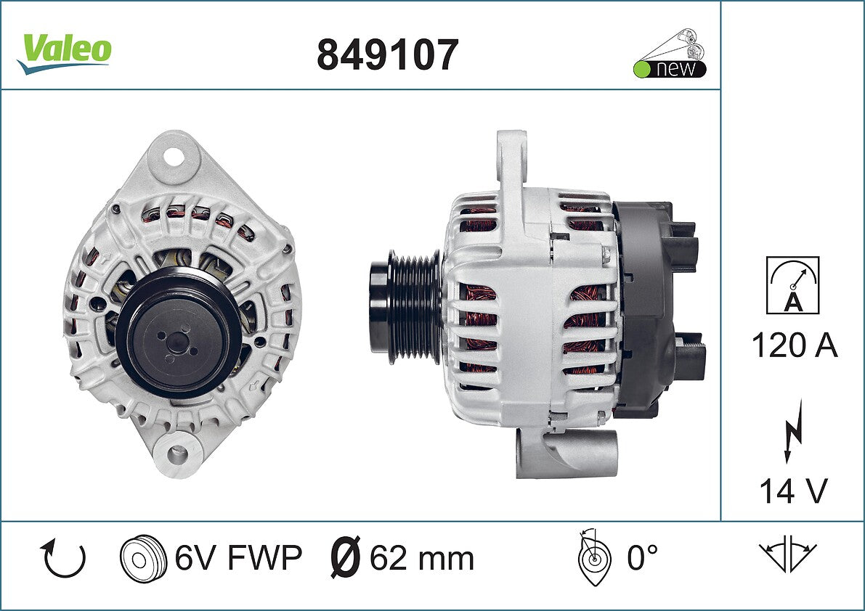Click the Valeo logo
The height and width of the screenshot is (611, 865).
pyautogui.click(x=65, y=53)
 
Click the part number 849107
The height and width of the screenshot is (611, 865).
pyautogui.click(x=387, y=54)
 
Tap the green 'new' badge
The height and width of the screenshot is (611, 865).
pyautogui.click(x=670, y=68)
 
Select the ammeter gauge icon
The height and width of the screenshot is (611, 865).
pyautogui.click(x=792, y=285)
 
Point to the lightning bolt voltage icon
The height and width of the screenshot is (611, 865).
pyautogui.click(x=793, y=431)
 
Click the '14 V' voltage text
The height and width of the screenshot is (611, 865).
pyautogui.click(x=793, y=491)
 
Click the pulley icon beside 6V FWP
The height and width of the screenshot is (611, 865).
pyautogui.click(x=143, y=558)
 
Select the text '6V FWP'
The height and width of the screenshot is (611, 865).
pyautogui.click(x=238, y=557)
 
